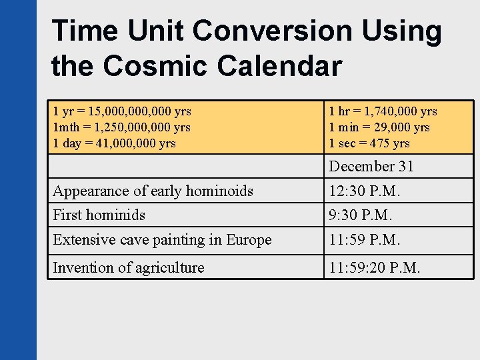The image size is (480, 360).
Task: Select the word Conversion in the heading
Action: coord(291,31)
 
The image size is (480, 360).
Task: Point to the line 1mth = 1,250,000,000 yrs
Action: coord(122,127)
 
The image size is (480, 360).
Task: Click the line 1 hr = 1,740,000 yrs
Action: coord(383,111)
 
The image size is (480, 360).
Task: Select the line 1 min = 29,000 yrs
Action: coord(379,127)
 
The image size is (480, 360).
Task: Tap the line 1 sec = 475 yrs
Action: coord(369,143)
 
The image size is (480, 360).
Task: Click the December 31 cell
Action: coord(371,166)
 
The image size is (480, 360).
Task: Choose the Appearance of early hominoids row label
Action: coord(153,191)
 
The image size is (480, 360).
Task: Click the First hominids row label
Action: coord(99,215)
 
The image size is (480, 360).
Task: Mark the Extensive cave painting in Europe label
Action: coord(163,239)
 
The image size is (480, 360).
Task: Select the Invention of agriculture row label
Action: coord(129,267)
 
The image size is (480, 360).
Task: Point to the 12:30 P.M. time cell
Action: coord(364,191)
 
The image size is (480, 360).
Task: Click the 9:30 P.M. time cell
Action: coord(360,215)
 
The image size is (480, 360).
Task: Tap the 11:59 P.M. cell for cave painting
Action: coord(364,239)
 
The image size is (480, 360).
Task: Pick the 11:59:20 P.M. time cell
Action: coord(375,267)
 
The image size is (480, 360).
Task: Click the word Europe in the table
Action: coord(249,239)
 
